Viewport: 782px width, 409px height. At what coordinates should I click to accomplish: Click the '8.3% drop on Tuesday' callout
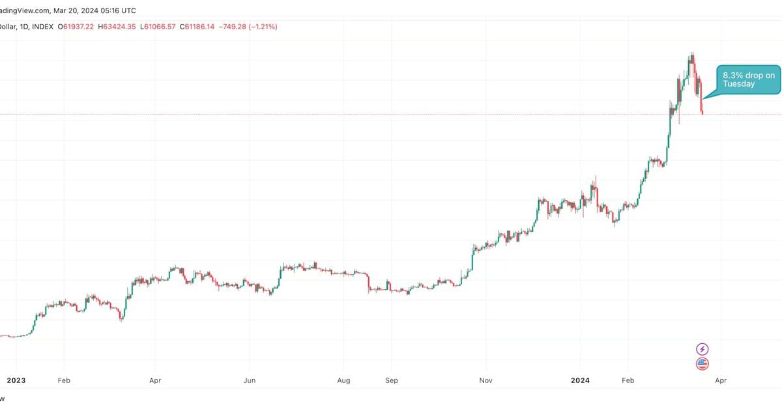click(x=749, y=79)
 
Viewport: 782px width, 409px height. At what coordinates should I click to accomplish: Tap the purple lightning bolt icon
click(x=702, y=350)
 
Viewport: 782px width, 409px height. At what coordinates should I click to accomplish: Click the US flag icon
click(x=702, y=364)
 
